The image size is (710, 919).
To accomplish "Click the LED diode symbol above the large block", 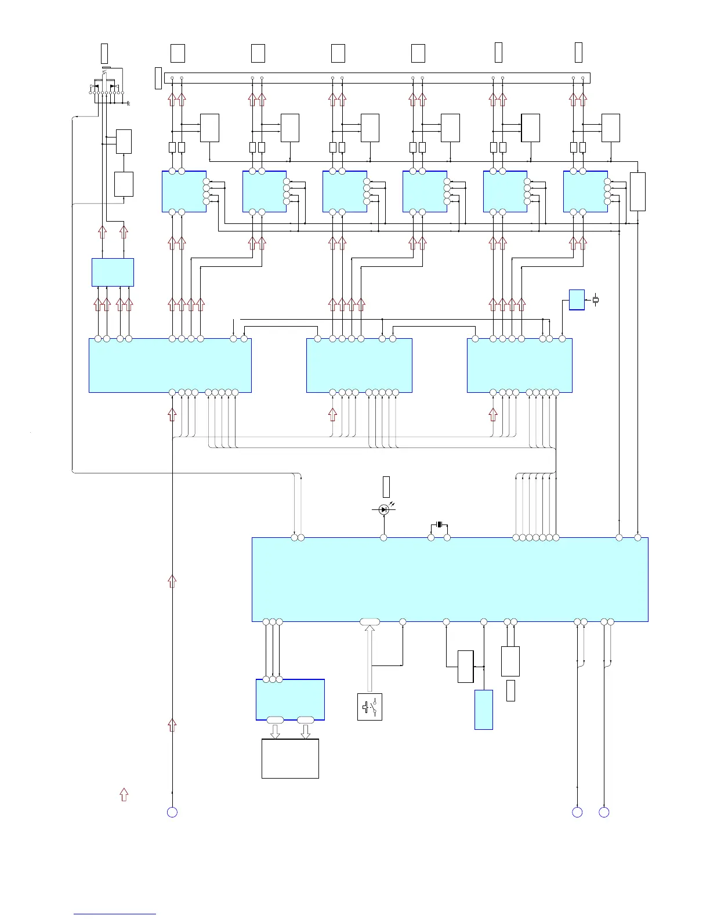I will click(x=383, y=509).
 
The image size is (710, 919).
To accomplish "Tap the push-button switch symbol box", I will click(x=370, y=707).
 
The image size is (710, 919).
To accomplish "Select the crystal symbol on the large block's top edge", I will click(x=439, y=525).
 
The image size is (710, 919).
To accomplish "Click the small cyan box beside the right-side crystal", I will click(x=577, y=299).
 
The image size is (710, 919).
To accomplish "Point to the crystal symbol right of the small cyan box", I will click(x=595, y=300).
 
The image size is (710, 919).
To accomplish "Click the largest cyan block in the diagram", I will click(x=450, y=579).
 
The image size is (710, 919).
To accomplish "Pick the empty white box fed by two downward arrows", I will click(x=290, y=758).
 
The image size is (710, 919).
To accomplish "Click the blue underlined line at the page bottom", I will click(x=115, y=914).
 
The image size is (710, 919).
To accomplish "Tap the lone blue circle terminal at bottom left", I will click(x=172, y=812).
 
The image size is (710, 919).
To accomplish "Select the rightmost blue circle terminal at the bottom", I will click(x=604, y=812).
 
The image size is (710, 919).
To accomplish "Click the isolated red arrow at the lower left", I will click(x=124, y=795).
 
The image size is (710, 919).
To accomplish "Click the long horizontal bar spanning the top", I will click(x=377, y=78).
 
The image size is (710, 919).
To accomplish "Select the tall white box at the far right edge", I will click(x=637, y=191).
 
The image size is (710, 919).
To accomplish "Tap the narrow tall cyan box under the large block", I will click(x=484, y=709).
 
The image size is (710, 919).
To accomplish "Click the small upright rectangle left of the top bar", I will click(x=158, y=78).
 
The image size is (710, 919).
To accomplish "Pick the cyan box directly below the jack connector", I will click(x=113, y=272).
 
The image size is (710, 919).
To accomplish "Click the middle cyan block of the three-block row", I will click(x=359, y=366).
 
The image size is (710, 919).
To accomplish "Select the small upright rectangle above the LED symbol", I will click(x=386, y=486).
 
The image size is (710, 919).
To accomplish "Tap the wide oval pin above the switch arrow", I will click(x=370, y=622).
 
